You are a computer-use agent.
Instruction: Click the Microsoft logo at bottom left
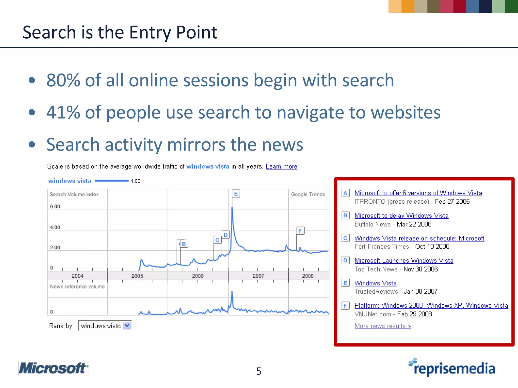(x=53, y=368)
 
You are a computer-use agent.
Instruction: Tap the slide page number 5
(x=259, y=371)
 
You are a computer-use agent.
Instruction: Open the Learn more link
(x=281, y=166)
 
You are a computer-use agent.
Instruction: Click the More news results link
(x=383, y=326)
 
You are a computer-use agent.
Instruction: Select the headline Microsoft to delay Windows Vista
(x=401, y=215)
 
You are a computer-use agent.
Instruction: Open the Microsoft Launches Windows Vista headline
(x=404, y=260)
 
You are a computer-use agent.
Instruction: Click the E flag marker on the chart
(x=236, y=194)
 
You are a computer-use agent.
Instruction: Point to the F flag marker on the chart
(x=300, y=231)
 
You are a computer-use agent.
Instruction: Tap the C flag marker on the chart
(x=217, y=240)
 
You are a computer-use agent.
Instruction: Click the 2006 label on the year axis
(x=198, y=276)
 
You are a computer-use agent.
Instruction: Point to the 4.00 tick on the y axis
(x=55, y=227)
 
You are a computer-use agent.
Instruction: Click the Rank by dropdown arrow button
(x=127, y=326)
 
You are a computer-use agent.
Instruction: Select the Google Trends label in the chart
(x=308, y=194)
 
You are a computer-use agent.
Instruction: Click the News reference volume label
(x=77, y=286)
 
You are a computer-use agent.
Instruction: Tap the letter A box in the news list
(x=345, y=193)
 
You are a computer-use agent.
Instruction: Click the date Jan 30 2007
(x=420, y=292)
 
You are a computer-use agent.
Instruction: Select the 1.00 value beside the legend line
(x=136, y=181)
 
